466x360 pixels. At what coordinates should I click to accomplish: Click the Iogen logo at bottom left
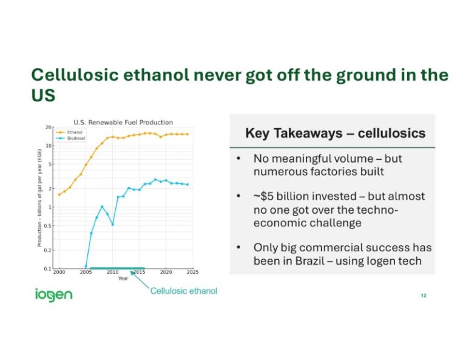53,295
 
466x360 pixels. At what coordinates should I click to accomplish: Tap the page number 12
423,296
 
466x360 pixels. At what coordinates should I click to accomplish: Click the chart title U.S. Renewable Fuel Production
123,122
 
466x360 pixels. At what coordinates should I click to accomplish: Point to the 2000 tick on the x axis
59,273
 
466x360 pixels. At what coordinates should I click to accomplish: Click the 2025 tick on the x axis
192,273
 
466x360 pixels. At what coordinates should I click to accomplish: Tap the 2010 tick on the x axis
112,273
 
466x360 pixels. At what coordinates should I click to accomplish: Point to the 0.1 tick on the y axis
47,268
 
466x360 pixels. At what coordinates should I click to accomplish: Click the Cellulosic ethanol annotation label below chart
183,291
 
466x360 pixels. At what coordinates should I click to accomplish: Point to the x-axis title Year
123,279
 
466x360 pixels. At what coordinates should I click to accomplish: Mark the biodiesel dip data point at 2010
113,225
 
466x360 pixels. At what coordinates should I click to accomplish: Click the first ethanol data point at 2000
59,194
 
